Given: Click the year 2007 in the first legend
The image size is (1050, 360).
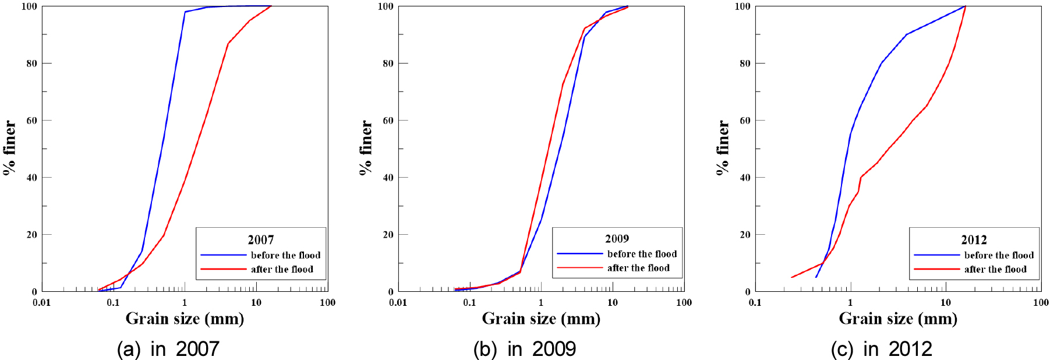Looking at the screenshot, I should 260,240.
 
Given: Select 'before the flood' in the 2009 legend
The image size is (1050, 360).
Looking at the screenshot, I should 642,254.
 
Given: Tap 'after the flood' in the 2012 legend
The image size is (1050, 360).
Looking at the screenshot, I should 995,269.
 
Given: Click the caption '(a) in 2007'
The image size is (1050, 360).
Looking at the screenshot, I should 168,349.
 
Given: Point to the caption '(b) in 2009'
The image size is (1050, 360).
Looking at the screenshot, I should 524,349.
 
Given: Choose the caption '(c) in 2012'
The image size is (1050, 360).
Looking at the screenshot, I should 881,349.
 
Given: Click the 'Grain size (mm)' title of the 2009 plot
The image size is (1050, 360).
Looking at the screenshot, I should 541,319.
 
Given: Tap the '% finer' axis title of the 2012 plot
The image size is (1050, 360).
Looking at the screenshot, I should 722,147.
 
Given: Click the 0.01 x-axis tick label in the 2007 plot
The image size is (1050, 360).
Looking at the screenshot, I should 41,302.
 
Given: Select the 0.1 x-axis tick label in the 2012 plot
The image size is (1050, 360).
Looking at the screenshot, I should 755,302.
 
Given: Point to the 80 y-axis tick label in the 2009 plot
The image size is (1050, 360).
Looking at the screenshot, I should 388,63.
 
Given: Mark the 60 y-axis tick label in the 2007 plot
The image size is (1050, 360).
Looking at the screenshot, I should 31,121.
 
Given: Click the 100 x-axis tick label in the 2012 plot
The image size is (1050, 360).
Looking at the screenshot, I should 1040,302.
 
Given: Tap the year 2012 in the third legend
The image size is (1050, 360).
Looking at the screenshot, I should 974,240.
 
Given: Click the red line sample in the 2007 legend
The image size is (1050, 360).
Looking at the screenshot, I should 223,269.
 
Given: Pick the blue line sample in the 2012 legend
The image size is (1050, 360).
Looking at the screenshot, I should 936,255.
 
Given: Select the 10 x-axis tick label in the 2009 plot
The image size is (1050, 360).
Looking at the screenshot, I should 612,302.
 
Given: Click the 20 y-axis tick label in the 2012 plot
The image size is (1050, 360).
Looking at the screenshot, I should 745,235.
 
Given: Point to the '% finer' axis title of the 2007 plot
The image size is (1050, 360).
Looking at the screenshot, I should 9,147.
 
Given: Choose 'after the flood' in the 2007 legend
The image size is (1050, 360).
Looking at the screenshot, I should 282,269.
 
